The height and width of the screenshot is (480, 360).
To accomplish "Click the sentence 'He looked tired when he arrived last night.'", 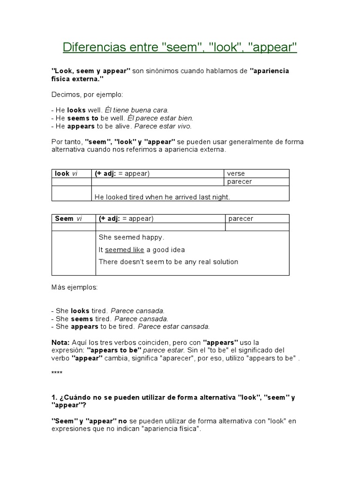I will click(162, 197).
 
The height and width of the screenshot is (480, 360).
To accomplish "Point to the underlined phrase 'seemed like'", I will click(125, 249).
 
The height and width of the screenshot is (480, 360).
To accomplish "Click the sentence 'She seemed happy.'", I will click(132, 237).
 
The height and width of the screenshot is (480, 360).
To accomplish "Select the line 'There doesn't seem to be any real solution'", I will click(168, 262).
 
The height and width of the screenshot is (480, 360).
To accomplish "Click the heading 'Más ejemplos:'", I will click(75, 287).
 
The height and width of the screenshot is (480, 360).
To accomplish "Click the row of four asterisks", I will click(56, 373).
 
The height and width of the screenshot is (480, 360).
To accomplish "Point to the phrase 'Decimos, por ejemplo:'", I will click(87, 95).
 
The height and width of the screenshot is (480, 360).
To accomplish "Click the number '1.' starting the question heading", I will click(54, 397).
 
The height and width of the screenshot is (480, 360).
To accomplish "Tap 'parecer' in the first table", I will click(239, 182).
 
